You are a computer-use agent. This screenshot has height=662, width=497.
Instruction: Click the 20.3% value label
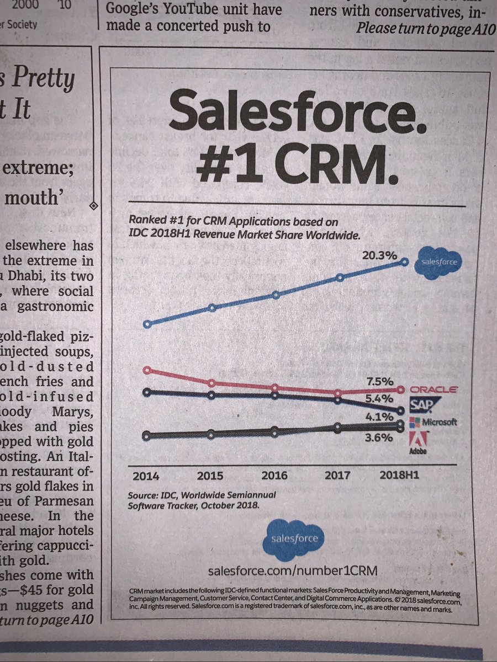379,255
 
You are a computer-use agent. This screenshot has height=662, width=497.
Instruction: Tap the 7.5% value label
379,381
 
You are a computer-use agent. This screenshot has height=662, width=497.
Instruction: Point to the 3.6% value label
379,438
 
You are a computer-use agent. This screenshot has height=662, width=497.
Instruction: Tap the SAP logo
425,407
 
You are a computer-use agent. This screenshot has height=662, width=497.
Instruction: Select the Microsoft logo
432,423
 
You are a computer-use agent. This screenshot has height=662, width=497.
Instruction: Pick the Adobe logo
417,443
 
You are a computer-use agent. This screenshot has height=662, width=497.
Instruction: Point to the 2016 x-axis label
275,475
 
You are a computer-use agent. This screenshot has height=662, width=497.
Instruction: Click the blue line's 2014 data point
146,324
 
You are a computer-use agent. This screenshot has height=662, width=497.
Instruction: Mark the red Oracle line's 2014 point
146,370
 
